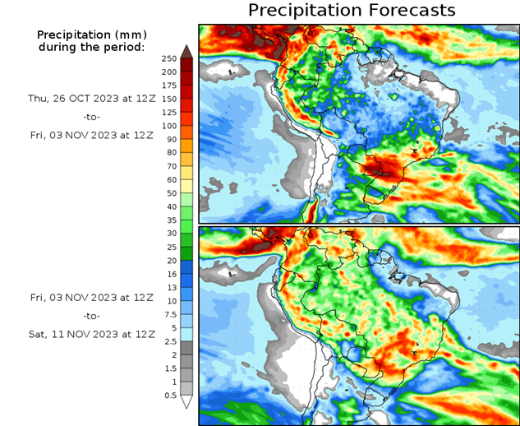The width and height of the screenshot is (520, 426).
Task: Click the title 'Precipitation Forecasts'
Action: [x=351, y=11]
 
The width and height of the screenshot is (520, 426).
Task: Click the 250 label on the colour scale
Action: [x=168, y=58]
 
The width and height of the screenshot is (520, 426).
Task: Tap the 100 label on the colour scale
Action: [x=168, y=126]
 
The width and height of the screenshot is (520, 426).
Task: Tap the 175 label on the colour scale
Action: [x=168, y=86]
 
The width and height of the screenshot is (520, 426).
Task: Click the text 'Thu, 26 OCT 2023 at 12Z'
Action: [x=90, y=97]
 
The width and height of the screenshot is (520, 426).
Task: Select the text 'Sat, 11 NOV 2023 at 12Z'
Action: [x=90, y=334]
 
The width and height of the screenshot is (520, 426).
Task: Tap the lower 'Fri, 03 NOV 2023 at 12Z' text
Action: [x=90, y=296]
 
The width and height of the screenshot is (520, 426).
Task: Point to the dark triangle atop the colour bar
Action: [x=186, y=52]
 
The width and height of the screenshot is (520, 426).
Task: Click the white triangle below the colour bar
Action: [x=186, y=402]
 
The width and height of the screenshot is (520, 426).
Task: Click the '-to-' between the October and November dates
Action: [x=90, y=117]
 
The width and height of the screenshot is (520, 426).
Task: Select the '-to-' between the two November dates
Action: [x=90, y=315]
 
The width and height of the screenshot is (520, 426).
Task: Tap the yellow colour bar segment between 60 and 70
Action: [x=186, y=173]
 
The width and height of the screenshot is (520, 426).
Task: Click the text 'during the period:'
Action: [x=90, y=47]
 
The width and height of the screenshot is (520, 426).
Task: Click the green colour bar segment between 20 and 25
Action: [x=186, y=253]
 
